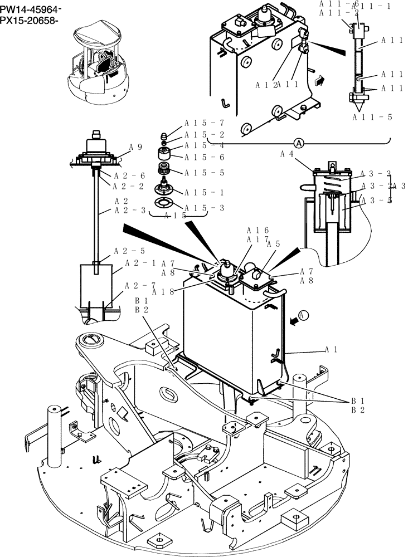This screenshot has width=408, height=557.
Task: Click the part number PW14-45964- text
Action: (x=31, y=10)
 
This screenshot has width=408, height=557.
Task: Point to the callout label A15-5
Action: (x=205, y=173)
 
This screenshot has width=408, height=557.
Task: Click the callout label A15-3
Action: (x=205, y=208)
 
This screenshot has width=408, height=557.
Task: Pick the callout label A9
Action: (x=137, y=147)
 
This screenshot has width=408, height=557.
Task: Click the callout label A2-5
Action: (x=129, y=251)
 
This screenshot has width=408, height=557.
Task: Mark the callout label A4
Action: (x=286, y=153)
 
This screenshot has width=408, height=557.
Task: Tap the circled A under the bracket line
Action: (x=299, y=143)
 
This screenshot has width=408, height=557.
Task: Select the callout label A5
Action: (x=273, y=243)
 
